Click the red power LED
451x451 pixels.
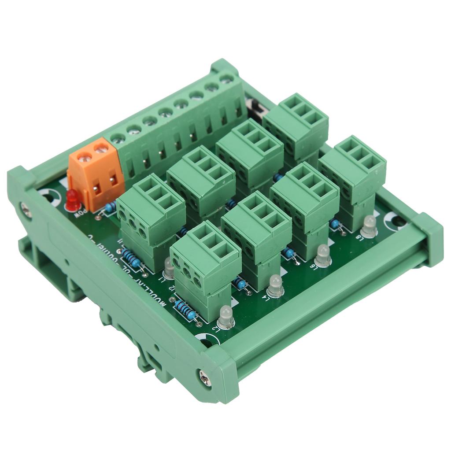[73, 200]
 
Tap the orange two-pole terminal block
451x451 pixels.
[96, 174]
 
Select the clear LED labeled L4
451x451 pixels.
[275, 286]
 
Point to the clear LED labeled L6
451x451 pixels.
[323, 255]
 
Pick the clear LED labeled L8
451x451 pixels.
[369, 226]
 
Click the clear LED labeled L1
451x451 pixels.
[169, 268]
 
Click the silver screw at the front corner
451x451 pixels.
[205, 378]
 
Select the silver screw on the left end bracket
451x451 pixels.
[26, 210]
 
